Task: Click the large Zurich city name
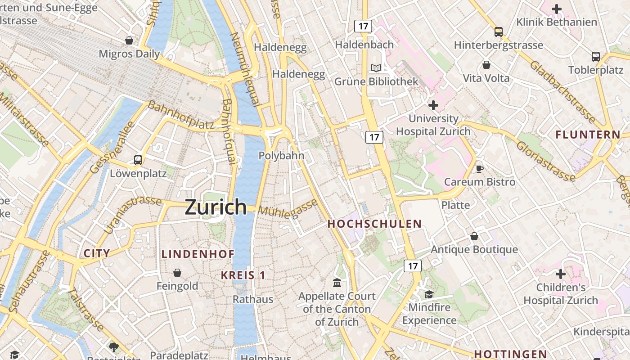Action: pos(216,207)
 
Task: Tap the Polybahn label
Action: pos(281,156)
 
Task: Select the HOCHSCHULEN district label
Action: pos(374,224)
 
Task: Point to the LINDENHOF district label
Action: pos(198,254)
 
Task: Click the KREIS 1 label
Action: pos(243,275)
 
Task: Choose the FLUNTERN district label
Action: pos(588,135)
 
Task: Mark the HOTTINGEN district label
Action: pos(510,354)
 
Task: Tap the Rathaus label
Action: pos(253,299)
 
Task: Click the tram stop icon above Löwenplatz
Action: pos(138,160)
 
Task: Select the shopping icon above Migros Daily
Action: pos(129,40)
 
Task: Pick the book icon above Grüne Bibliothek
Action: pos(376,68)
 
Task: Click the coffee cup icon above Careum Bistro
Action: pos(480,169)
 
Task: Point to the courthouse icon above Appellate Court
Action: pos(337,283)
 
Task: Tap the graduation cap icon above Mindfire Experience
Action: pos(429,294)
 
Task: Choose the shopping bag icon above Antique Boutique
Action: pos(474,236)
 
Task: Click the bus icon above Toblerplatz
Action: pos(596,57)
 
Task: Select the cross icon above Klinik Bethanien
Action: pos(557,9)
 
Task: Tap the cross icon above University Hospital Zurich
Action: pos(433,105)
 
